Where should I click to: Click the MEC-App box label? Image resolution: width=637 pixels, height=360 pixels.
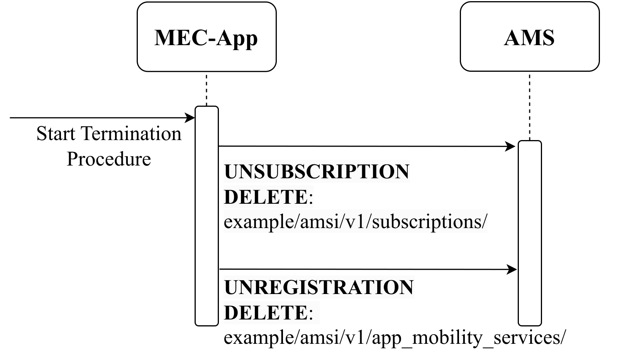click(x=206, y=38)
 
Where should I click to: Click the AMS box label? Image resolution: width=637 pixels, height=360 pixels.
click(x=529, y=38)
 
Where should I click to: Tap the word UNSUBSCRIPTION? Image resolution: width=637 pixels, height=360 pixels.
click(x=317, y=172)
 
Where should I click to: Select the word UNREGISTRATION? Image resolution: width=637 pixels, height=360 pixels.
click(x=319, y=287)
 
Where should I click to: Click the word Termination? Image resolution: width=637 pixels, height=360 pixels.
click(x=131, y=134)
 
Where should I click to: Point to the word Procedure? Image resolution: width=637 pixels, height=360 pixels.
click(x=108, y=159)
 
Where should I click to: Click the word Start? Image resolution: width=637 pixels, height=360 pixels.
click(x=56, y=134)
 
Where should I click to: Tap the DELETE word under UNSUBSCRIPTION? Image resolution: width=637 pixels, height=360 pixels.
click(x=266, y=197)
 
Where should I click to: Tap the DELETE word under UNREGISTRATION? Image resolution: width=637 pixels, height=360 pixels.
click(x=266, y=313)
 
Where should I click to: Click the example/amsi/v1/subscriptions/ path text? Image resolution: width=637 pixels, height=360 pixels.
click(x=356, y=222)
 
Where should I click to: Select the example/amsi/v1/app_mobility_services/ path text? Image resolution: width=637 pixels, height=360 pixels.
click(x=395, y=338)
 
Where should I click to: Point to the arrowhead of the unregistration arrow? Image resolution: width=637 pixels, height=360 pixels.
click(x=512, y=269)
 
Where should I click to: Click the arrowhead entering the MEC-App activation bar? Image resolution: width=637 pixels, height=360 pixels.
click(x=190, y=118)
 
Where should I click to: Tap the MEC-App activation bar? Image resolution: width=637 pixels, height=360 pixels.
click(x=207, y=216)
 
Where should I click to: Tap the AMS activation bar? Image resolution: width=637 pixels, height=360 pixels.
click(x=530, y=233)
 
